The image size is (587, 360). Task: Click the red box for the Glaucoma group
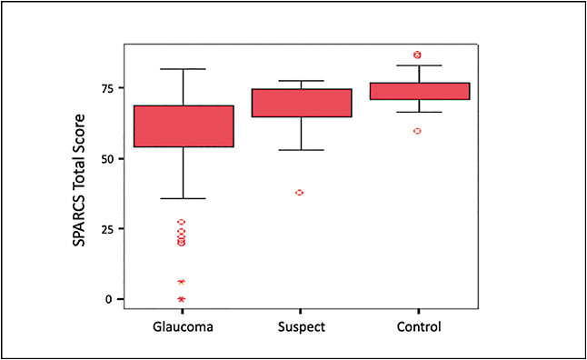pos(183,126)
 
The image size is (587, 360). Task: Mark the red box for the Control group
pos(417,91)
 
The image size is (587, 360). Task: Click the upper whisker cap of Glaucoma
pos(183,69)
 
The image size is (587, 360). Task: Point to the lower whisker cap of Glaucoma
pos(183,198)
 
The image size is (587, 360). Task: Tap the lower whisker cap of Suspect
pos(300,150)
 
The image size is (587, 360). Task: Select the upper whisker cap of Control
pos(417,65)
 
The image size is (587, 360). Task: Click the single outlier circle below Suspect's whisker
pos(300,193)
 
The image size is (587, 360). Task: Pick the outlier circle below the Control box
pos(417,131)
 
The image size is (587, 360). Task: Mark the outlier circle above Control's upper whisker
pos(417,55)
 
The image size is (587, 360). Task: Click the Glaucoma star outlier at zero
pos(182,299)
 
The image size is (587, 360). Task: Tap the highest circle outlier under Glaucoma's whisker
pos(182,222)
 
